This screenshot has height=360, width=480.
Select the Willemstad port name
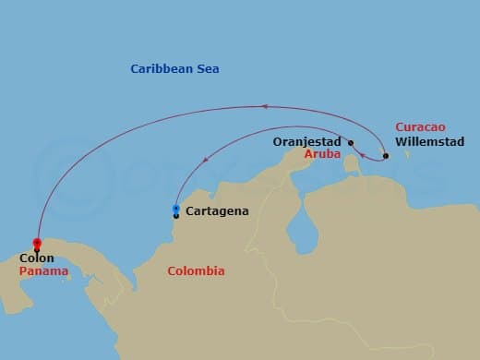(x=429, y=142)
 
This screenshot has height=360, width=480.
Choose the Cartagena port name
(x=217, y=211)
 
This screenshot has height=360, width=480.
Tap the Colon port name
(x=37, y=259)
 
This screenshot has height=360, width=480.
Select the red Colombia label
(x=196, y=271)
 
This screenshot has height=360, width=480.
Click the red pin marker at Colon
(x=37, y=241)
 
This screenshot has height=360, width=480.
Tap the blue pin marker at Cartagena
(x=176, y=209)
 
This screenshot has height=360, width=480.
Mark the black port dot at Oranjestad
(x=351, y=142)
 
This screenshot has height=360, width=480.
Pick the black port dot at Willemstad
(x=386, y=155)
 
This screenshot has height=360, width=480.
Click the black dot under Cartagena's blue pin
(x=176, y=216)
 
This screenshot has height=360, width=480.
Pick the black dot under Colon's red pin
(x=37, y=249)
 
